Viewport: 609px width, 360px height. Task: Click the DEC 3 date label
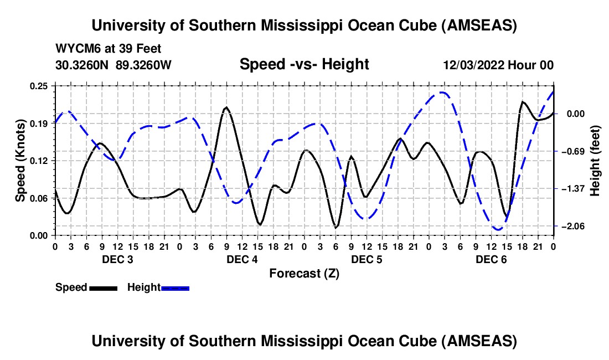117,259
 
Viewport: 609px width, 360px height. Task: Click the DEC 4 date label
241,259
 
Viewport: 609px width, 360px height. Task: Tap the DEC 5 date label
367,259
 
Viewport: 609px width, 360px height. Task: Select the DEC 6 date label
491,259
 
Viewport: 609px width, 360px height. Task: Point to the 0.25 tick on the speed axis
39,86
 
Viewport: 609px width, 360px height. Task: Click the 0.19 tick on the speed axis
39,124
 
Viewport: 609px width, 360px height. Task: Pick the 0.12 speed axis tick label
39,161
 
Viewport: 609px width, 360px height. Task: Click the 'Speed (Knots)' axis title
20,161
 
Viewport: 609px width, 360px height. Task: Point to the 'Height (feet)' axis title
595,161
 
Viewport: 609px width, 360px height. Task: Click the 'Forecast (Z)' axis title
304,273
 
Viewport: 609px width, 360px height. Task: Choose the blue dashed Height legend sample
176,288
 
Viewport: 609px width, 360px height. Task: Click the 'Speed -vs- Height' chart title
304,64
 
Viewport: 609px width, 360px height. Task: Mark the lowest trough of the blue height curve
498,229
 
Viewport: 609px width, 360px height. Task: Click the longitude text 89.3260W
144,65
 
